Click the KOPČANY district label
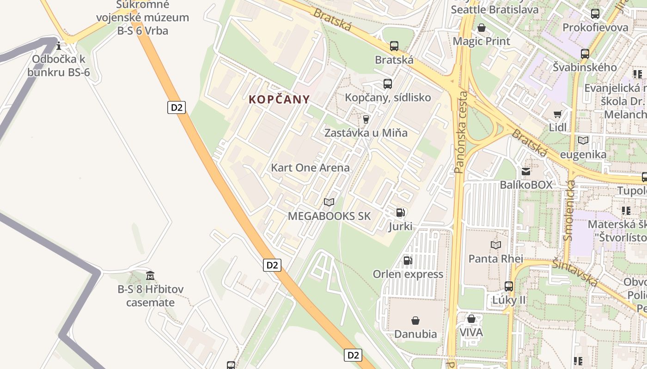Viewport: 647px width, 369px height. coord(279,99)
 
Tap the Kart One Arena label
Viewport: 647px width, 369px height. coord(310,167)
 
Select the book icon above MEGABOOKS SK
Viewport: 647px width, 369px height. coord(329,202)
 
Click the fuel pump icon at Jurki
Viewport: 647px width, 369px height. coord(400,213)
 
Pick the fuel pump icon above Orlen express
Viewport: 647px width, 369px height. coord(408,261)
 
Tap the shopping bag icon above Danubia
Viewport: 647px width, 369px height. coord(415,320)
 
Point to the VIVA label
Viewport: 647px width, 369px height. coord(471,332)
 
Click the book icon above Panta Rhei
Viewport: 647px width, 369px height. coord(496,245)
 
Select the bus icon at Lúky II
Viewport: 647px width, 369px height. coord(509,286)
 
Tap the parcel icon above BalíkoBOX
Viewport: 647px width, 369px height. coord(526,172)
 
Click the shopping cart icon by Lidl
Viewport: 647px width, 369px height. coord(558,114)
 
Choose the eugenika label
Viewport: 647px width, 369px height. coord(583,155)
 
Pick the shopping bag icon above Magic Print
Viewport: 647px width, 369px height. coord(482,28)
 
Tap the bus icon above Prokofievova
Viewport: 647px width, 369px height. coord(595,14)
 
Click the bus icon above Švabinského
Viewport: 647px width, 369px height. coord(585,54)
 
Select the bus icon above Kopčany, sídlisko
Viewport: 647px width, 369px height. coord(388,84)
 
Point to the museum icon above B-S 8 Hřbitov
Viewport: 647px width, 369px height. coord(150,276)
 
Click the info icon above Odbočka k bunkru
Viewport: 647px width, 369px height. coord(59,46)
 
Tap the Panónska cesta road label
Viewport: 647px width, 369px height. coord(460,132)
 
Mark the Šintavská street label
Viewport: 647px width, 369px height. coord(575,272)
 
